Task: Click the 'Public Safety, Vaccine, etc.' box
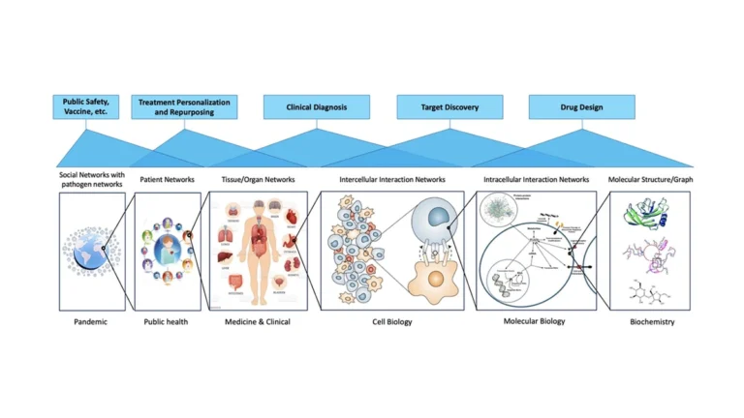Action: click(86, 105)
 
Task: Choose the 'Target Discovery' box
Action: click(449, 106)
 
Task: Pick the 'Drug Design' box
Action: click(581, 106)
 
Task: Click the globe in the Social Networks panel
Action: click(92, 250)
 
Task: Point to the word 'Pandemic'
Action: click(91, 321)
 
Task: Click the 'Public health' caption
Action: click(167, 321)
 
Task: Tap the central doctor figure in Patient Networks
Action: click(167, 250)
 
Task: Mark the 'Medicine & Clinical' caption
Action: click(258, 321)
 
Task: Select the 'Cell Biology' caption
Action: click(392, 321)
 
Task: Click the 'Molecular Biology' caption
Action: click(536, 321)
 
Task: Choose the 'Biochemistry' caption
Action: click(650, 321)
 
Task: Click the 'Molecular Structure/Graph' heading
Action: click(650, 179)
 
